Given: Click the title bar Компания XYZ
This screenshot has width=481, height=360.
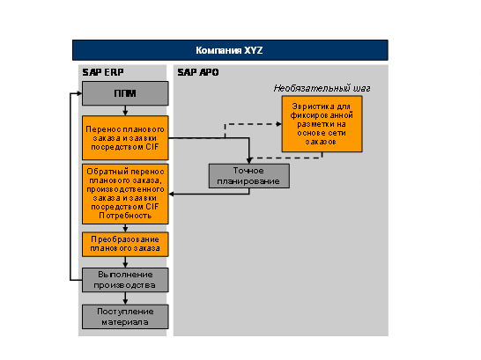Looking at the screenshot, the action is pos(230,50).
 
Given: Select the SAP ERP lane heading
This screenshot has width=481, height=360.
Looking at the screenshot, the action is pos(103,72).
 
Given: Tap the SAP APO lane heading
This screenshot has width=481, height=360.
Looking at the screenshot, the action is pos(198,72).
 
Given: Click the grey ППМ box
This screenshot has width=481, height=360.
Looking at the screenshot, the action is pos(125,93).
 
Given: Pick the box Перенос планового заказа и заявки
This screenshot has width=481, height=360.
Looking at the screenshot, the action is pos(125,138).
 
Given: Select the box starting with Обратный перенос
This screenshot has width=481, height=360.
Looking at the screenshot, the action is pos(125,194).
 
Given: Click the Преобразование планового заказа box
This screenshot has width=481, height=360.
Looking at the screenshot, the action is pos(125,244).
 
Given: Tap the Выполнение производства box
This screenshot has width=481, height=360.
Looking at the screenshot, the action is pos(125,280).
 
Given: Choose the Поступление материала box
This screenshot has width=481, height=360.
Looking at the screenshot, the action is pos(125,317).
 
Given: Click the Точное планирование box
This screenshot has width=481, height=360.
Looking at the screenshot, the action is pos(249,176).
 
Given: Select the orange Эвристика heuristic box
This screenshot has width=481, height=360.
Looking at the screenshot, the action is pos(322,124).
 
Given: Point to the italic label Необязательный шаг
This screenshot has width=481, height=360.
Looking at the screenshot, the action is pos(322,88).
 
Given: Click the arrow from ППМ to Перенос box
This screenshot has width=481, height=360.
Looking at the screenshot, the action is pos(125,111).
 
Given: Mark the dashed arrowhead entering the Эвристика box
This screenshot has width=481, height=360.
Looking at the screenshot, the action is pos(279,124).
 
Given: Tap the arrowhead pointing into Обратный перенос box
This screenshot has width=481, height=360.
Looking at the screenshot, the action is pos(171,194).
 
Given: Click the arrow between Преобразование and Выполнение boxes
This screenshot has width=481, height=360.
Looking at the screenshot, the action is pos(125,262).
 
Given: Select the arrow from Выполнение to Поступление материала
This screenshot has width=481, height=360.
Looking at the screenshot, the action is pos(125,298).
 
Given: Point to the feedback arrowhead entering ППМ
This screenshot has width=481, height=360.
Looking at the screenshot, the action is pos(79,93).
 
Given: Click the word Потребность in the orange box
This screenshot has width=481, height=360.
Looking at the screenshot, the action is pos(125,216).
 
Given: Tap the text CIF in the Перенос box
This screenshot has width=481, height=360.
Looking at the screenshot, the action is pos(152,147).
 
